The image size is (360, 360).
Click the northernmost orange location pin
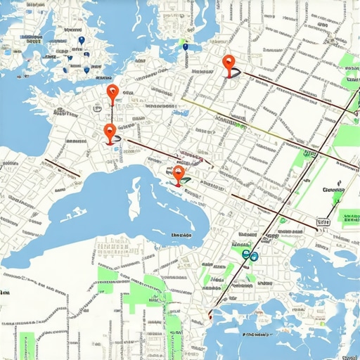pos(228,63)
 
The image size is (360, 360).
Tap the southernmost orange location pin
pos(179,174)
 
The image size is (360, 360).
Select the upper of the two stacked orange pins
pos(112,91)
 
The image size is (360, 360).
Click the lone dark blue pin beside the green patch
pos(186,47)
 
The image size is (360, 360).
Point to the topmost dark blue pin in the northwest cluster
pos(82,41)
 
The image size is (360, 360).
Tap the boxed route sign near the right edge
pos(323,223)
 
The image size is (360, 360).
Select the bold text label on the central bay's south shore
pos(182,236)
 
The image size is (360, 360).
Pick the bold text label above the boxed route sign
pos(332,190)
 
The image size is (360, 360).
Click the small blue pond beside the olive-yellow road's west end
pos(181,112)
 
